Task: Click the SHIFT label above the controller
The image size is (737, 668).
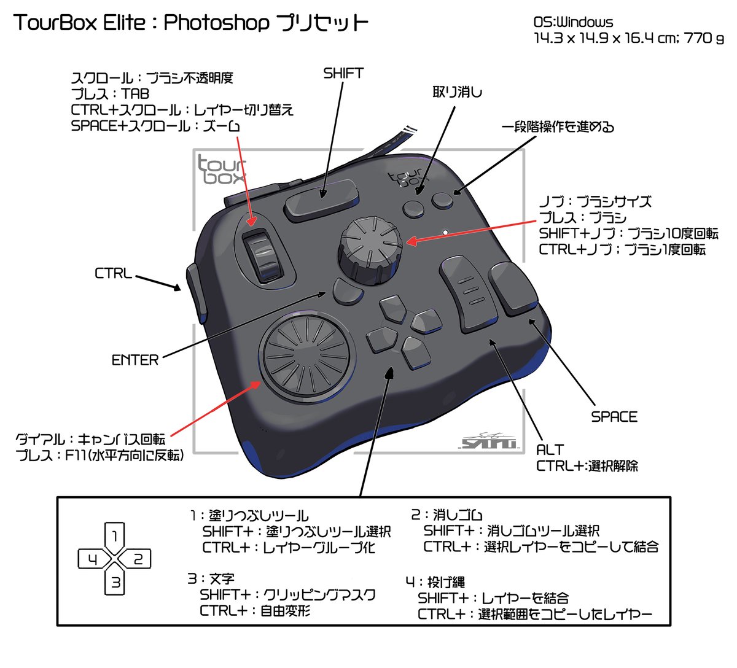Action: (x=343, y=73)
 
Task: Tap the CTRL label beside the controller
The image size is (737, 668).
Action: (x=114, y=273)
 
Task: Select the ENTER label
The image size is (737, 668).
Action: (x=135, y=360)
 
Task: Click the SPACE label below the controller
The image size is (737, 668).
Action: (x=614, y=417)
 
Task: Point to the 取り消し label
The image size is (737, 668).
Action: (x=458, y=92)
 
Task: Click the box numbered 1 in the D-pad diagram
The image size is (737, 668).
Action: (x=115, y=535)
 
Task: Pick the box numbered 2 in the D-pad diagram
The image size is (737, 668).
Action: (x=138, y=559)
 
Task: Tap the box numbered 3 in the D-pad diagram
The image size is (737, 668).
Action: (x=115, y=581)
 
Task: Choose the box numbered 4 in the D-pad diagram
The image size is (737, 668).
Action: (x=93, y=559)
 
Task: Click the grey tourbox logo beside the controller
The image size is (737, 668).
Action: (x=221, y=170)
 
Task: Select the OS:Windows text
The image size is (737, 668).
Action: (x=573, y=23)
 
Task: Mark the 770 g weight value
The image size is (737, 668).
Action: (x=704, y=38)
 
